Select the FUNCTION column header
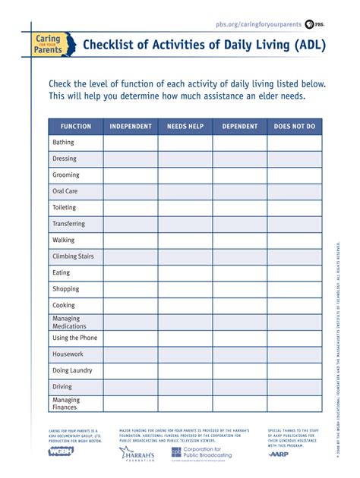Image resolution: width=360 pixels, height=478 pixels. (x=76, y=127)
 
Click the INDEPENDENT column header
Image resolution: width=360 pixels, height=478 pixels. (x=131, y=127)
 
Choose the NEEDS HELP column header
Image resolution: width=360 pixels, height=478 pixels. (x=185, y=127)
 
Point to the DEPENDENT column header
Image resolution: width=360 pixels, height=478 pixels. (x=240, y=127)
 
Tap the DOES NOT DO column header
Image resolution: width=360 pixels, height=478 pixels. (x=295, y=127)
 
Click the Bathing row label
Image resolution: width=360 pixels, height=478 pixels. (x=63, y=143)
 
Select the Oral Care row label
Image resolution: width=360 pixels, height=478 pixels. (x=65, y=191)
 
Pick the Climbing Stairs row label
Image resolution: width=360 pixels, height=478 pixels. (x=73, y=256)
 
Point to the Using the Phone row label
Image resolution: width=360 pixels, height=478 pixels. (x=74, y=338)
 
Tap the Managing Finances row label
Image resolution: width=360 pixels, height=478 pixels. (x=66, y=404)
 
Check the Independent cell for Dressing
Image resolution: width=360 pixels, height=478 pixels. (x=131, y=159)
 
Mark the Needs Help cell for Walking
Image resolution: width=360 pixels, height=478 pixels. (x=185, y=240)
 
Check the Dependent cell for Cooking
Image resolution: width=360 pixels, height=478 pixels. (x=240, y=306)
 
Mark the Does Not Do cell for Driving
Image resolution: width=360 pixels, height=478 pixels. (x=295, y=387)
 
